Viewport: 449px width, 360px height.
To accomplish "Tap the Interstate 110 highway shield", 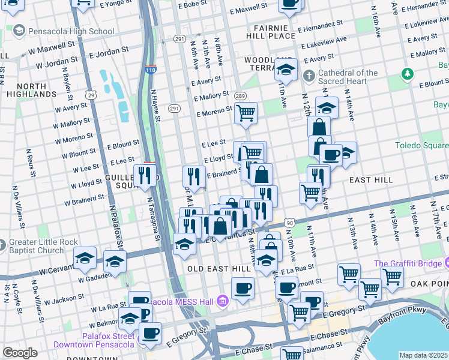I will click(149, 70).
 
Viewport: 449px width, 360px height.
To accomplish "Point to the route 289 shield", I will click(240, 96).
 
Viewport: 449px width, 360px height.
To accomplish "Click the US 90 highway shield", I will click(290, 223).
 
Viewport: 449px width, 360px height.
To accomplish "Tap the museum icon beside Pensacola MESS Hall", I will click(223, 301).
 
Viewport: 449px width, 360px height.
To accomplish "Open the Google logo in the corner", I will click(20, 353).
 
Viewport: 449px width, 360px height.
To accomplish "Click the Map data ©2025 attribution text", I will click(423, 355).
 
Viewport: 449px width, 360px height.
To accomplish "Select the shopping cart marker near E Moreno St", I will click(245, 112).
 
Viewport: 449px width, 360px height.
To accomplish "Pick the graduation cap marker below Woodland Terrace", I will click(286, 69).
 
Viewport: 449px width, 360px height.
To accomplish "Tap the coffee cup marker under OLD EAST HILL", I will click(243, 289).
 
